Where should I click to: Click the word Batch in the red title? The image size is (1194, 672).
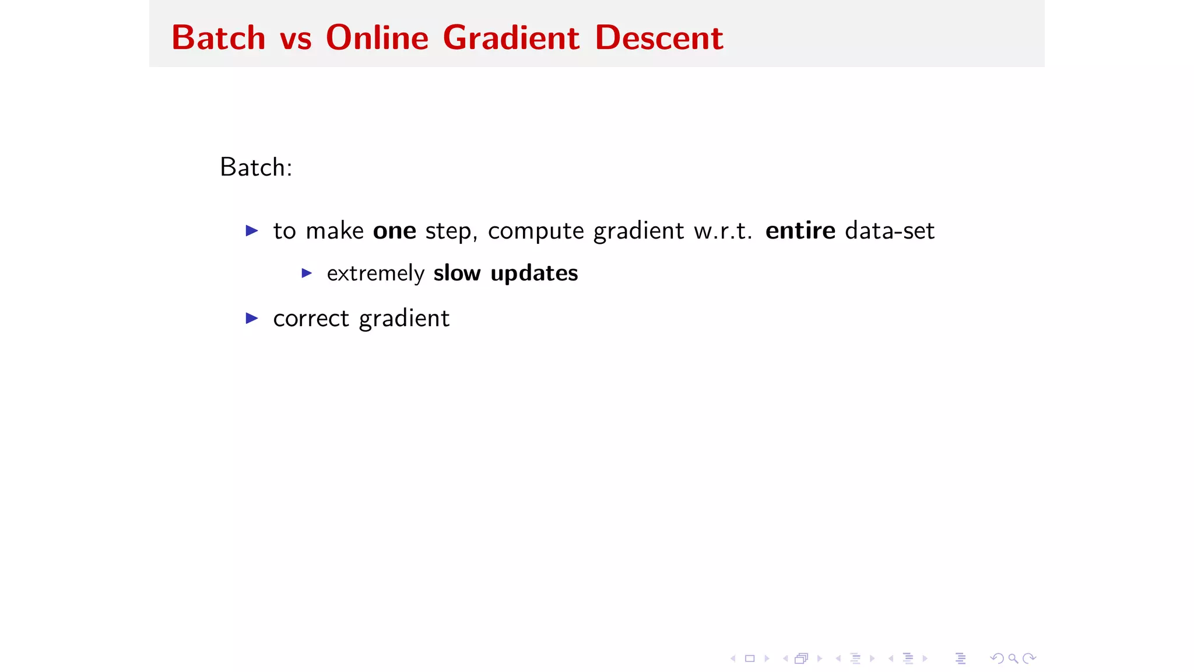click(x=219, y=38)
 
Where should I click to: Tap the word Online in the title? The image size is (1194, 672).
click(x=377, y=38)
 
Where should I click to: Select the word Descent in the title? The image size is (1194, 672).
click(x=659, y=38)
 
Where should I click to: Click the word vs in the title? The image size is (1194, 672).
click(x=296, y=39)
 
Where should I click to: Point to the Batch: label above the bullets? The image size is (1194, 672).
click(x=256, y=167)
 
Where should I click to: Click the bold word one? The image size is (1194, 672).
click(x=395, y=231)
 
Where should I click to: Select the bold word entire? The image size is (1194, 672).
click(x=800, y=231)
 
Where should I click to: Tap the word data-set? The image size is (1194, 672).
click(x=890, y=231)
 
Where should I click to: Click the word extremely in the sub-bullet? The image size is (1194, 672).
click(x=375, y=274)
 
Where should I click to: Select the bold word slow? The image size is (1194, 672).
click(x=457, y=273)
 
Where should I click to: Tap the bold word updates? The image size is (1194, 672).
click(x=534, y=274)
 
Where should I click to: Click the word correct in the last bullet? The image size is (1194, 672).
click(x=311, y=318)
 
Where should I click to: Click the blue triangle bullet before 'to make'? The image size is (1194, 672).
click(x=252, y=230)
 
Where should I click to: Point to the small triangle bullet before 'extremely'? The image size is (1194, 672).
click(x=307, y=273)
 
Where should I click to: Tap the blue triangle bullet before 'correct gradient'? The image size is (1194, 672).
click(x=252, y=318)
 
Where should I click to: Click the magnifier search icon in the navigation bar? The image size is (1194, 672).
click(x=1013, y=659)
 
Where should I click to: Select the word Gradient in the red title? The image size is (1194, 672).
click(x=511, y=38)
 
